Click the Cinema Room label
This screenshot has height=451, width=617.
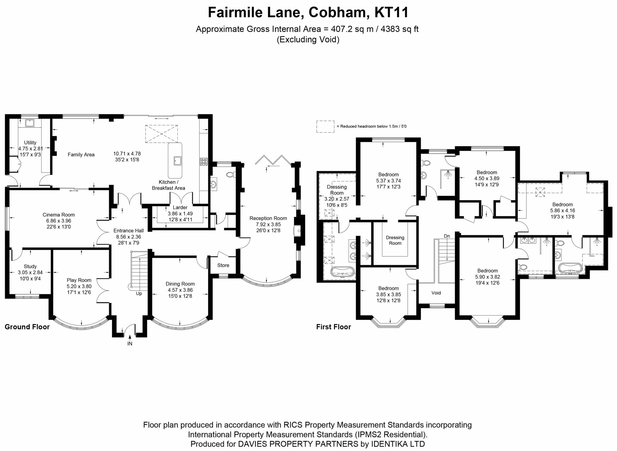58,215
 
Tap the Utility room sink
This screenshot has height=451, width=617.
29,123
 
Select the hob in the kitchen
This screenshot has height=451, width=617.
204,161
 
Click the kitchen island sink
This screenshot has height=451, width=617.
177,161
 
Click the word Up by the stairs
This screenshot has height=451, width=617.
139,294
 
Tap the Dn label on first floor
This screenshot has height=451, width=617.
447,236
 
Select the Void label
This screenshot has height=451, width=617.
436,293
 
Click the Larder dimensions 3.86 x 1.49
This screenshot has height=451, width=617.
180,214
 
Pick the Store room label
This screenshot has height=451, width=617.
223,265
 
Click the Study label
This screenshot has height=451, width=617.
30,266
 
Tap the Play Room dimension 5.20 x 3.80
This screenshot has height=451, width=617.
79,286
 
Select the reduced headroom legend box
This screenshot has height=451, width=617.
325,127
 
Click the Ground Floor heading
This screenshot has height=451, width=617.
27,327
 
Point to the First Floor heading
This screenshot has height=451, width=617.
334,327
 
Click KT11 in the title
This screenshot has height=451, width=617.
391,12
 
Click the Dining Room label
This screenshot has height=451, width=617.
180,284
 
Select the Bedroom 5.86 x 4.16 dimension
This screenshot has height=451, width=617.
563,210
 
